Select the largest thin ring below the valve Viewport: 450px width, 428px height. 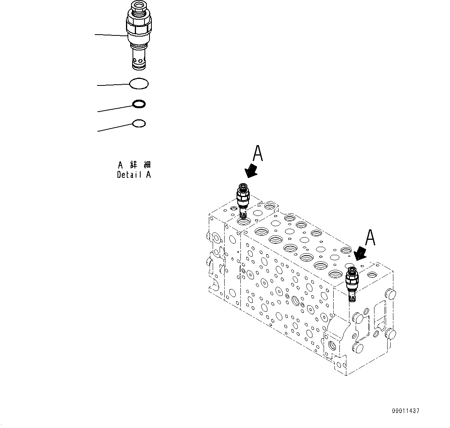click(139, 84)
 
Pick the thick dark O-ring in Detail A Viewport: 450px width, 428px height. click(139, 104)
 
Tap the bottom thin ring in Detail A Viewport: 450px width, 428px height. click(139, 124)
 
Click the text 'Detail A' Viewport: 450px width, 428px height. click(134, 175)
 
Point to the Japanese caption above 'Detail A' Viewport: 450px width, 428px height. click(134, 165)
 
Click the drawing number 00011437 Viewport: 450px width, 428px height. click(406, 411)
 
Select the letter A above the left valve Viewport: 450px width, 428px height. click(258, 154)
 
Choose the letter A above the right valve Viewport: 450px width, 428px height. click(370, 237)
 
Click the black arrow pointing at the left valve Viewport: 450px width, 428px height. click(252, 170)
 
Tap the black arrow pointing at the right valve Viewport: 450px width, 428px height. click(361, 253)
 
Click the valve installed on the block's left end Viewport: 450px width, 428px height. click(243, 198)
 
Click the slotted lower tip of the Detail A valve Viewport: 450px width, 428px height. click(139, 63)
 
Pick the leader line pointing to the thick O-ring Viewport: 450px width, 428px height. click(115, 109)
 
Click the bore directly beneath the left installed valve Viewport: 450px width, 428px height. click(244, 222)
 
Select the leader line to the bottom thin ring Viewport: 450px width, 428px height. click(115, 128)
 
